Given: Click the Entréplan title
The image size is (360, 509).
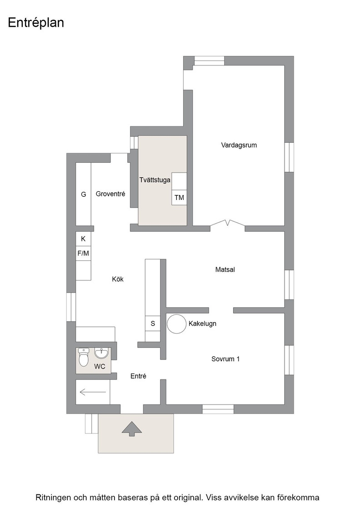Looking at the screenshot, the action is pos(36,23).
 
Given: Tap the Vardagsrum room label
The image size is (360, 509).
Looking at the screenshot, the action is pos(239,145).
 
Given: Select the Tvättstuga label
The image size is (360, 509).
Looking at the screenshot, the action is pos(155,180).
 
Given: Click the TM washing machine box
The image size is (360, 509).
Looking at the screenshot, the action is pos(179,197).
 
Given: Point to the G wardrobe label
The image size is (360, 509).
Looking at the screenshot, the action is pos(84,195).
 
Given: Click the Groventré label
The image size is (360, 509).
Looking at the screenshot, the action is pos(110,194).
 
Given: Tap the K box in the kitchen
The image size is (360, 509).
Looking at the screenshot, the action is pos(84,239).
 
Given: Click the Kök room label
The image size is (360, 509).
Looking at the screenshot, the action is pos(118,279).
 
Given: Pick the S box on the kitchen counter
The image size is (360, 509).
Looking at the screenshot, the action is pos(153,323).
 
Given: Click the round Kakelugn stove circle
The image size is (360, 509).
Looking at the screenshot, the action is pos(177,324).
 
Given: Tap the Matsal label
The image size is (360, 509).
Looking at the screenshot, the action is pos(225,269).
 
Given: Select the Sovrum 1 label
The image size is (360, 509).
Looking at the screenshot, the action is pos(225,359).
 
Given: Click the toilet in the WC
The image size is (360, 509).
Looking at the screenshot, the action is pos(84,357).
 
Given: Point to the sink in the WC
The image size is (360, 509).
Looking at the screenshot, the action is pos(102,353).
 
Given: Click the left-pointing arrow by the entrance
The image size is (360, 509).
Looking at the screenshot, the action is pos(93,393).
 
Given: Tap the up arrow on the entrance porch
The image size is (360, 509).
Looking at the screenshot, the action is pos(132,429).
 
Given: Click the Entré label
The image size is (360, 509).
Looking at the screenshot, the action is pos(138,376).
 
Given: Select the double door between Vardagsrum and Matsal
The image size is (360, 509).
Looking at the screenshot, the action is pos(228,223).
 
